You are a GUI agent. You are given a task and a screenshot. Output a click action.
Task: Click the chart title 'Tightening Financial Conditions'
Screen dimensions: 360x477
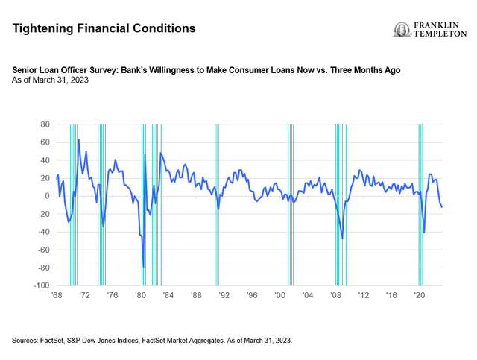(104, 28)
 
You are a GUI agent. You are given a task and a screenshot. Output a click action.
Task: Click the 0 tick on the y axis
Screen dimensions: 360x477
(46, 196)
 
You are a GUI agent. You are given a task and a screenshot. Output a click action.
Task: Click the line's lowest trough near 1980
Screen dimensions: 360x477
(143, 267)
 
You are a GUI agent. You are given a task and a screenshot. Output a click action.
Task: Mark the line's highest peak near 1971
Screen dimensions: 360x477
(79, 140)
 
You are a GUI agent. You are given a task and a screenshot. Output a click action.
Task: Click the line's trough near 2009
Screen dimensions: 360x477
(342, 238)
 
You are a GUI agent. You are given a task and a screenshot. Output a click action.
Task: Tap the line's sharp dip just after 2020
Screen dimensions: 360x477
(424, 233)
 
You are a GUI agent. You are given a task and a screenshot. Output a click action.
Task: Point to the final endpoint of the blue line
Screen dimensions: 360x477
(443, 206)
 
